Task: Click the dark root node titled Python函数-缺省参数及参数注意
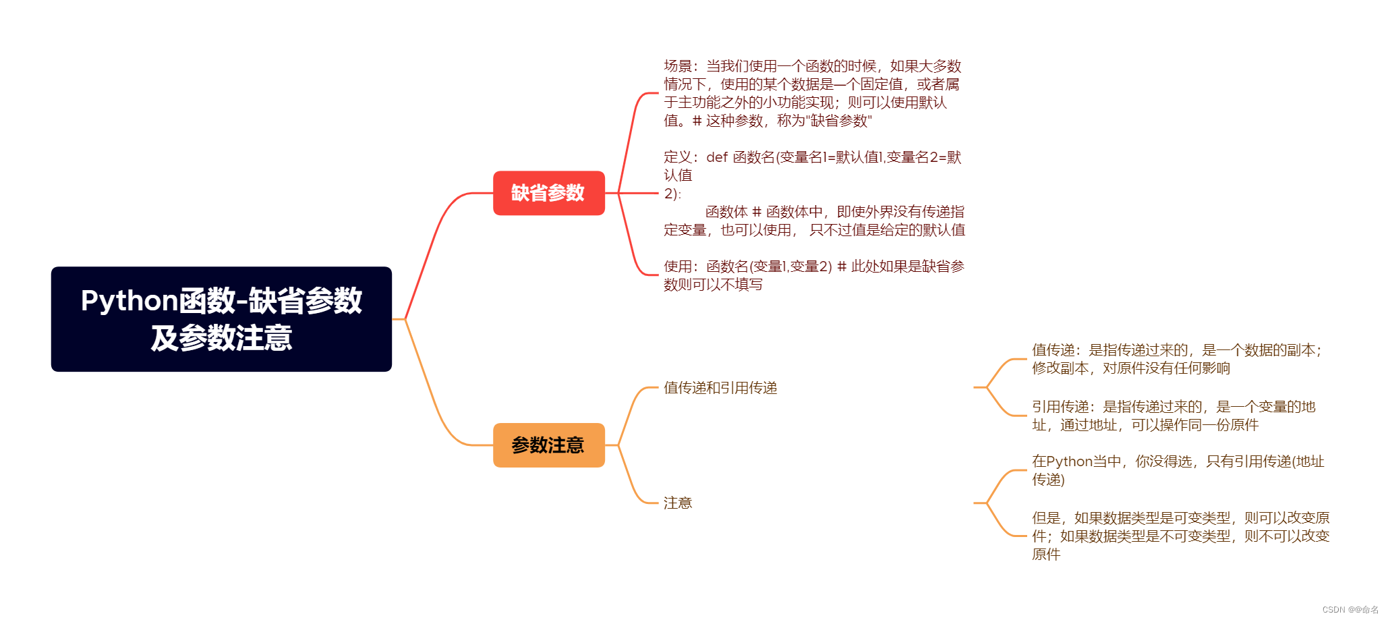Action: point(221,318)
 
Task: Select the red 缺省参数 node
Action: point(548,193)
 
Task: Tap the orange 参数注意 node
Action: point(548,445)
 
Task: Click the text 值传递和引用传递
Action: point(720,388)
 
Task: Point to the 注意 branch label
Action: point(678,503)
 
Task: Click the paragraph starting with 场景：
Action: point(812,93)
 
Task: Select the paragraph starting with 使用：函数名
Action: point(813,275)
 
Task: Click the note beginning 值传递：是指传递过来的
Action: point(1177,359)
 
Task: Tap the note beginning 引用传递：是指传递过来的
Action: point(1174,416)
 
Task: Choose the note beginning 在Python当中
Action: point(1178,470)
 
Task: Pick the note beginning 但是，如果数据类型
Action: point(1180,536)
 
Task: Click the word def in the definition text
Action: point(716,157)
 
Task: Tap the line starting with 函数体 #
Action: point(834,212)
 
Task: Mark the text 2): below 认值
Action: point(672,194)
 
